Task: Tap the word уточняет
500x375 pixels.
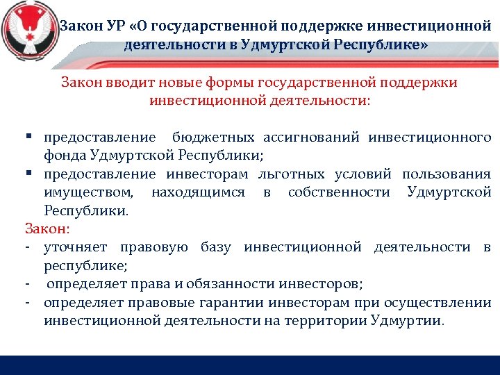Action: (76, 247)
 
